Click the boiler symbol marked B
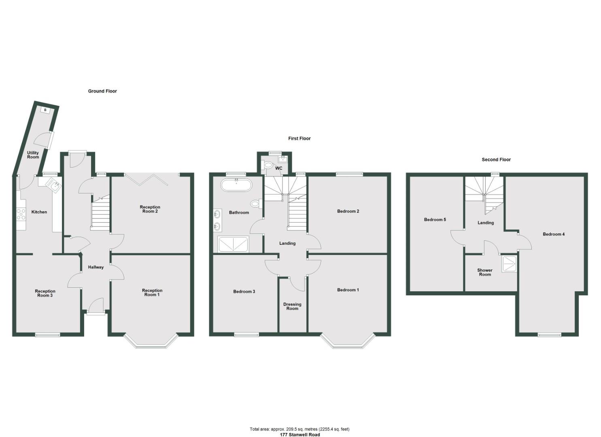45,110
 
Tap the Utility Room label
33,155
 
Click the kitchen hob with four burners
21,214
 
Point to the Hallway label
96,267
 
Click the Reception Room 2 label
150,209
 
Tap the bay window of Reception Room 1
151,342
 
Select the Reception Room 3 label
45,293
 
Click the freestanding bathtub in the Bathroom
236,186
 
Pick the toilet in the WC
268,165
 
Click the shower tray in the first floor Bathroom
233,244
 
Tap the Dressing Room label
292,306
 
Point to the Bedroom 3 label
244,291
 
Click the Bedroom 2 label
348,211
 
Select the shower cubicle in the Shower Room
509,263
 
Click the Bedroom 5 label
435,220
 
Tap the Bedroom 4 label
554,234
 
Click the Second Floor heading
496,159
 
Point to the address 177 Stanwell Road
300,435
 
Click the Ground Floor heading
102,91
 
